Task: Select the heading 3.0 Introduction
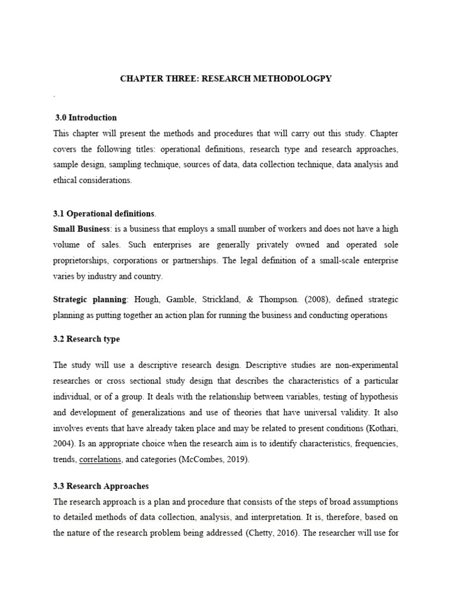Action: (x=86, y=117)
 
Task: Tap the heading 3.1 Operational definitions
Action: (x=104, y=212)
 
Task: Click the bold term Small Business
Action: (x=78, y=228)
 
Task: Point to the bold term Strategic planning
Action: (x=89, y=299)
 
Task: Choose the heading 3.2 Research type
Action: (x=86, y=339)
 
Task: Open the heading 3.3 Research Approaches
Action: (x=101, y=486)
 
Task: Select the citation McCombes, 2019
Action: (x=215, y=460)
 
